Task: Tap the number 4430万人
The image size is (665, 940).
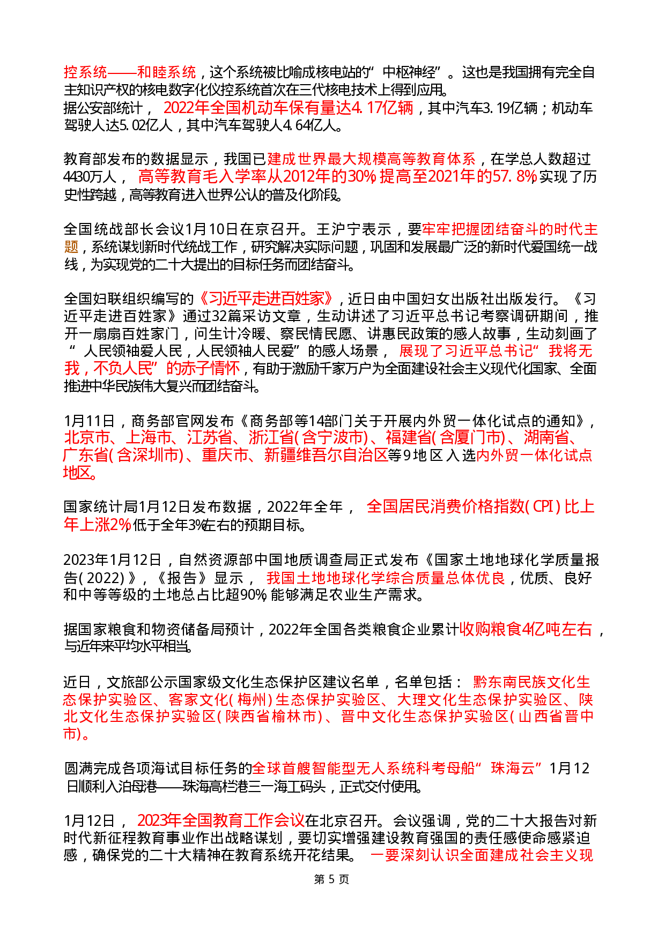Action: tap(90, 177)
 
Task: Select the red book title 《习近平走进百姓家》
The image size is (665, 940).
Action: tap(267, 299)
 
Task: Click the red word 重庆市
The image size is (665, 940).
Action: tap(224, 455)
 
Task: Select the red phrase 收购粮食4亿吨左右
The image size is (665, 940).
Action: tap(526, 629)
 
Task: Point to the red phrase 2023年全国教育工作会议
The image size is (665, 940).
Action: tap(221, 820)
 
